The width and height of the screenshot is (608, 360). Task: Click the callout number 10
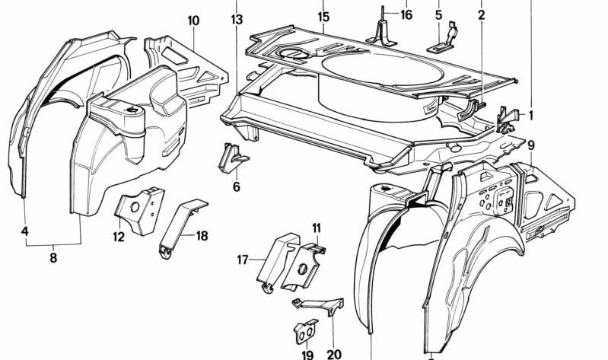[194, 20]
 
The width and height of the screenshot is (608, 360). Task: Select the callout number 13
[237, 18]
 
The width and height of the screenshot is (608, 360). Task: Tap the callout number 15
[323, 16]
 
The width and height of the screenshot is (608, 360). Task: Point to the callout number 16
[406, 14]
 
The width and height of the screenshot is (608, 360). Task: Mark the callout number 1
[530, 115]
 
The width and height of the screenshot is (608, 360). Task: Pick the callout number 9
[530, 145]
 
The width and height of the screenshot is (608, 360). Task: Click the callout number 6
[236, 186]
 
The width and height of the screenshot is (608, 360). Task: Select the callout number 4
[24, 230]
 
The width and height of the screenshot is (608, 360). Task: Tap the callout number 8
[53, 257]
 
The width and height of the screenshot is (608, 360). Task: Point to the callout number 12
[119, 237]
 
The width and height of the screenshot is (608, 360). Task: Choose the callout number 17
[243, 260]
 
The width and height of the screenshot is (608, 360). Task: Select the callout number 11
[317, 228]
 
